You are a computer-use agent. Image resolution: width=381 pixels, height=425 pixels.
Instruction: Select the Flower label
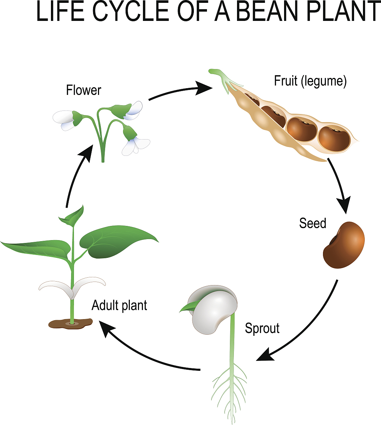pos(83,90)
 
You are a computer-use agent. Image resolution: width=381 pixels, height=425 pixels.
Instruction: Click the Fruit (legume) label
pos(310,81)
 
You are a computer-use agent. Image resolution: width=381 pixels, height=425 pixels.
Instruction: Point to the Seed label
pos(312,223)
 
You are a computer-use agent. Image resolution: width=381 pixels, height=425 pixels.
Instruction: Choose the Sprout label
pos(262,328)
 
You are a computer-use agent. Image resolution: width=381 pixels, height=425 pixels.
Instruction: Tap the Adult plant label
pos(119,305)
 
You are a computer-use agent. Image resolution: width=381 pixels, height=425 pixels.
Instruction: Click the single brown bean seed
pos(344,245)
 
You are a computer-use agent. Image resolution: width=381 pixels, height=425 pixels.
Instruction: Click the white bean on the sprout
pos(214,308)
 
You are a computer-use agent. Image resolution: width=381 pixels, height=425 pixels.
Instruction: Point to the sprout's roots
pos(230,386)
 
